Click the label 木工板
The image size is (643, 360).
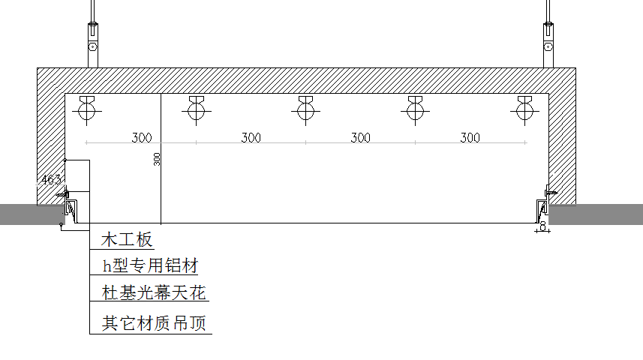(x=128, y=240)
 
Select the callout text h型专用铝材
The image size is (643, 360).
(x=150, y=265)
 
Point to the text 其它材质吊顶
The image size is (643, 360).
(x=154, y=324)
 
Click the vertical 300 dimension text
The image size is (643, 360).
(x=157, y=159)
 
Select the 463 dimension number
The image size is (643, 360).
(x=51, y=180)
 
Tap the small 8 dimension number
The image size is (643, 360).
(x=542, y=225)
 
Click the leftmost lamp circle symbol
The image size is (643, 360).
(x=87, y=111)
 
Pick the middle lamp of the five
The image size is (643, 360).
(x=305, y=111)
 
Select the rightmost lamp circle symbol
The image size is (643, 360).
(x=524, y=111)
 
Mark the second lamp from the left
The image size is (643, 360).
(x=196, y=111)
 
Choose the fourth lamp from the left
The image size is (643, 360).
(x=414, y=111)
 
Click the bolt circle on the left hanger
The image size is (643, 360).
(x=92, y=47)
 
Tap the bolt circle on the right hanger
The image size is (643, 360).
(x=549, y=47)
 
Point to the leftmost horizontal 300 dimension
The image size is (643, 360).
(x=142, y=137)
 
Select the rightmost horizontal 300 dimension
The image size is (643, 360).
(x=470, y=137)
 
